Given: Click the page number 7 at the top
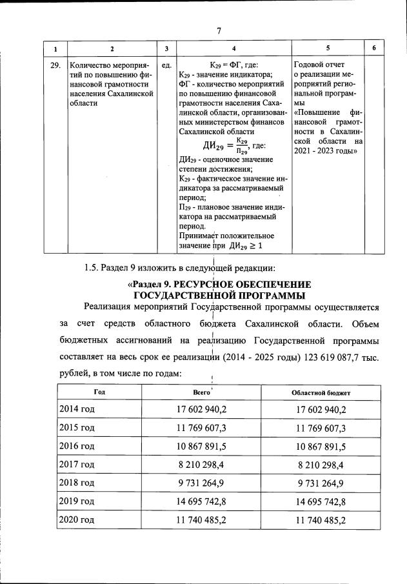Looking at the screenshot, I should pyautogui.click(x=219, y=30).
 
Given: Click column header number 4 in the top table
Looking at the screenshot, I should pyautogui.click(x=233, y=49).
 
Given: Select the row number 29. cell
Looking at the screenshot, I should pyautogui.click(x=55, y=65).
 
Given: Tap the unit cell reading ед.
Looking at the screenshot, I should pyautogui.click(x=166, y=65).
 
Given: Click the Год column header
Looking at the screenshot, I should pyautogui.click(x=99, y=392).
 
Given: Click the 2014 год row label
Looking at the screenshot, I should pyautogui.click(x=77, y=410).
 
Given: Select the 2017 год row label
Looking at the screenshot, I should pyautogui.click(x=77, y=465).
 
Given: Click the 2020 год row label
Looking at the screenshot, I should pyautogui.click(x=77, y=520).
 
